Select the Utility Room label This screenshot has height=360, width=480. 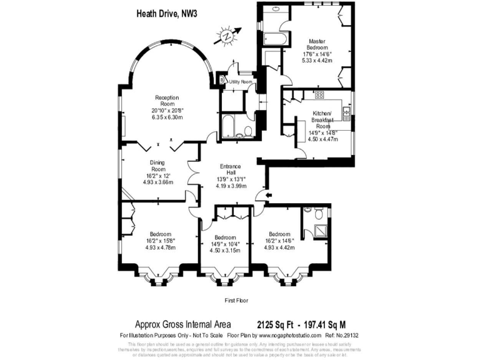click(240, 82)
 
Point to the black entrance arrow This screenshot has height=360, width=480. click(269, 197)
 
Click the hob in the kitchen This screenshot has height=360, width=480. click(319, 94)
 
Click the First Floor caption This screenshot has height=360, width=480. click(236, 301)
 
